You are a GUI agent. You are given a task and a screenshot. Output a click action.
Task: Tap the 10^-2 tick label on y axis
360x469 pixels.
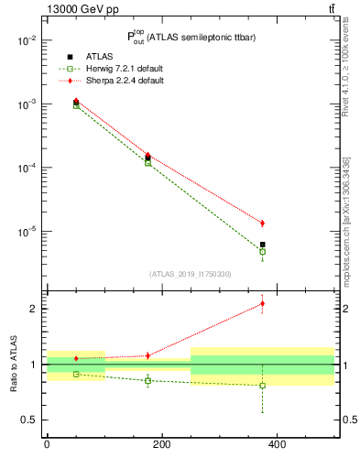(x=27, y=40)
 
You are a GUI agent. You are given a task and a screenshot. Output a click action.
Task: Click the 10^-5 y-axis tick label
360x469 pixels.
(x=27, y=232)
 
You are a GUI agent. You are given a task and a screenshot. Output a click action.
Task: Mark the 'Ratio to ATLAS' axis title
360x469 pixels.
(x=13, y=364)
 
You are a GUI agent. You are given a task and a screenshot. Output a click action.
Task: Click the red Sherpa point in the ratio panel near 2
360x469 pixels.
(x=262, y=303)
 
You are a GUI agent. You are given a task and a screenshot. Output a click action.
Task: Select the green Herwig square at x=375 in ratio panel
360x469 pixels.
(x=262, y=386)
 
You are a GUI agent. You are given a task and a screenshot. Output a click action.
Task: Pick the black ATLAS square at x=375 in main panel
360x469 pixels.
(x=262, y=245)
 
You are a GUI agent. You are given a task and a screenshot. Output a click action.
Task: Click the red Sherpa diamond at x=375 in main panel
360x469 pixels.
(x=262, y=223)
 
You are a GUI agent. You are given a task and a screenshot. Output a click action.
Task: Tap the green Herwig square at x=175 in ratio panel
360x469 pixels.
(x=147, y=381)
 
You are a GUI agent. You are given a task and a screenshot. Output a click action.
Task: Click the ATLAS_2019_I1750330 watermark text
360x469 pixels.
(x=190, y=274)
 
